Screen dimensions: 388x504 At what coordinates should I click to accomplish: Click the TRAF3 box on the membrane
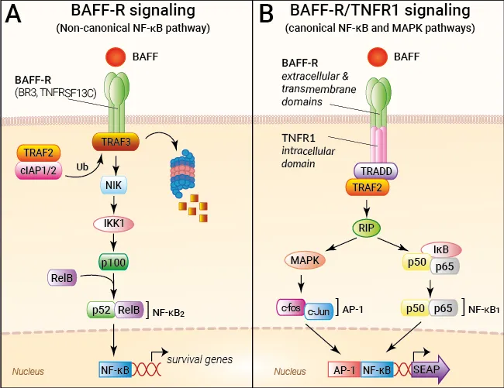click(x=115, y=142)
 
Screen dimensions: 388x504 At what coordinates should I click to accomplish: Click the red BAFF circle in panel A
click(x=115, y=57)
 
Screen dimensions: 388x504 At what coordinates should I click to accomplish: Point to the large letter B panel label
click(x=267, y=15)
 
